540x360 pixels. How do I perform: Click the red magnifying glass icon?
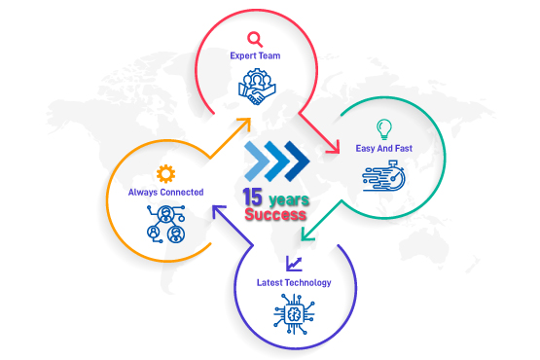click(255, 40)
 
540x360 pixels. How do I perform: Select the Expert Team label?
click(255, 55)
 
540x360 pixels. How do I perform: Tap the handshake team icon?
click(257, 87)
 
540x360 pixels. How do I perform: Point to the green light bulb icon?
click(384, 129)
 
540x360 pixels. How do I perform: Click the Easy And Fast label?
click(384, 149)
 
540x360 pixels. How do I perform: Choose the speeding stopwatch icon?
click(383, 175)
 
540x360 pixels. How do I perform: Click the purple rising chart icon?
click(294, 264)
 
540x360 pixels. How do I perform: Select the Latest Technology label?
click(294, 283)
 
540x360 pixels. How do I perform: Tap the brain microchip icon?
click(294, 314)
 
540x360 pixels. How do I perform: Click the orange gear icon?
click(165, 173)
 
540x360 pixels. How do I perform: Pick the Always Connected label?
click(165, 193)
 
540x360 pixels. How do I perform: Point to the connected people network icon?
click(166, 224)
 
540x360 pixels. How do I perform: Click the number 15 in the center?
click(252, 198)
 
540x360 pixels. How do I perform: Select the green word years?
click(289, 199)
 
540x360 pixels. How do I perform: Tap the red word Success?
click(275, 214)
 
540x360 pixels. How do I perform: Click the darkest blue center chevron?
click(297, 161)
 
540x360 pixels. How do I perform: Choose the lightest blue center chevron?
click(257, 161)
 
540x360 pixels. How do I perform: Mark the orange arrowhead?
click(244, 124)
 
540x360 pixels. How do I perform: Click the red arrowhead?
click(334, 147)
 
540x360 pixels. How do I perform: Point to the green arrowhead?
click(307, 234)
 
